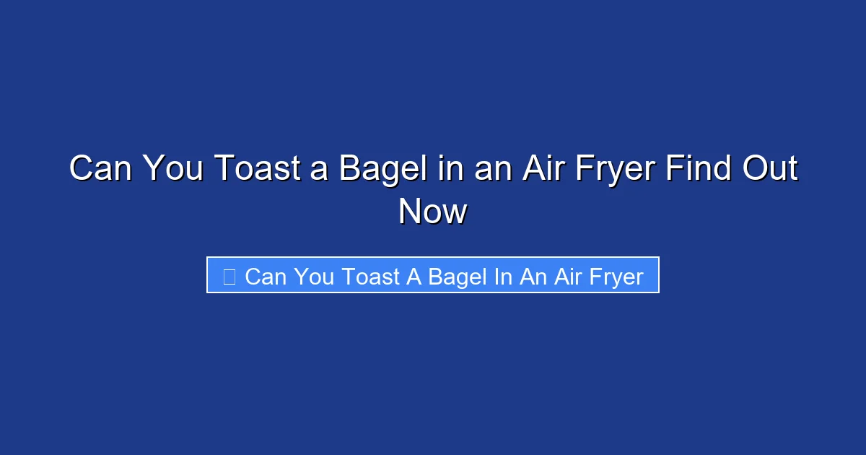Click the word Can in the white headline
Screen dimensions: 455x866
100,169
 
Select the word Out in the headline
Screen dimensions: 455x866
771,169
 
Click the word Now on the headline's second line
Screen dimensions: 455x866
433,212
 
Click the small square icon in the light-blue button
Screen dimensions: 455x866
229,276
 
